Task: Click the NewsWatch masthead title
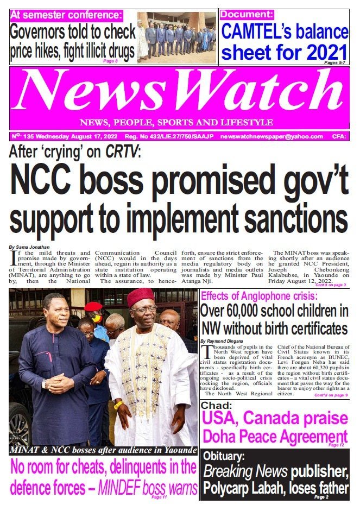pyautogui.click(x=179, y=90)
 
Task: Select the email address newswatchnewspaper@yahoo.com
pyautogui.click(x=271, y=137)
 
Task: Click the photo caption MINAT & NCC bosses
pyautogui.click(x=103, y=451)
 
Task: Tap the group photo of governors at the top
pyautogui.click(x=176, y=36)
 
